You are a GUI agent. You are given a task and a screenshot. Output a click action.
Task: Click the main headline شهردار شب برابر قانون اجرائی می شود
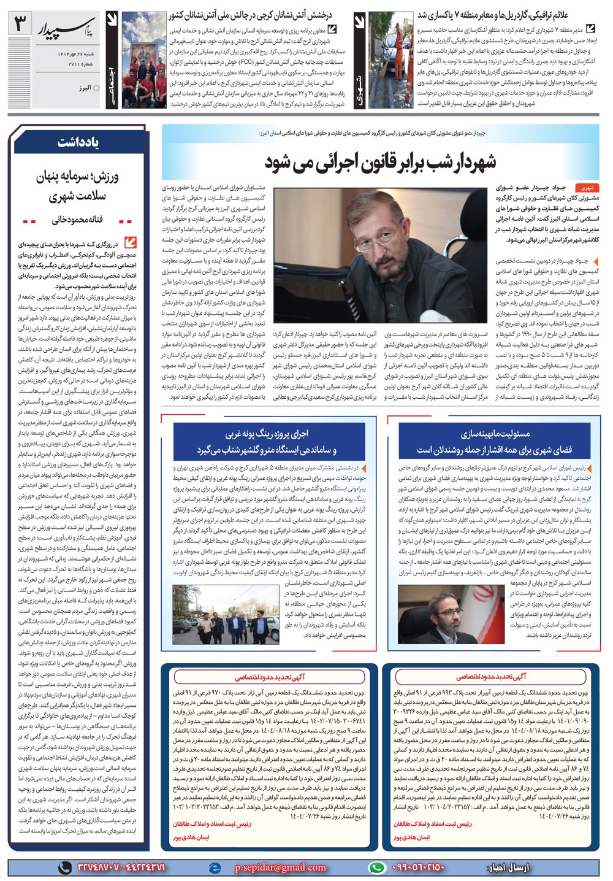[381, 162]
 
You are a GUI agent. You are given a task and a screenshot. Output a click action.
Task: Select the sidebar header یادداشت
[78, 142]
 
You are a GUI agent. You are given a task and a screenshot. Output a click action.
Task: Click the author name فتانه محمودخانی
[78, 219]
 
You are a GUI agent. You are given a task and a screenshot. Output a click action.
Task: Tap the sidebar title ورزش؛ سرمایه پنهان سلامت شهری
[78, 186]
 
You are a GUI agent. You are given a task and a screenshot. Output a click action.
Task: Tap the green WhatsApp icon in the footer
[376, 867]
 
